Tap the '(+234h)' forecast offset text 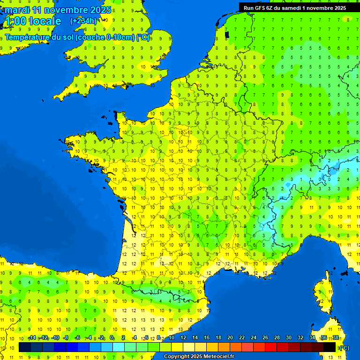click(83, 21)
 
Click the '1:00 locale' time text click(32, 21)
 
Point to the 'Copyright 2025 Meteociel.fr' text click(199, 357)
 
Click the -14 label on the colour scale click(32, 338)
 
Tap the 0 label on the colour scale click(112, 338)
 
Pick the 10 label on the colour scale click(171, 338)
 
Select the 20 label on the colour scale click(230, 338)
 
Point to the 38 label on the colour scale click(335, 338)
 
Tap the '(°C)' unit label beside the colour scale click(344, 348)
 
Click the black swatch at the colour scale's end click(330, 347)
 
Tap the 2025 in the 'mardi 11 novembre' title click(101, 10)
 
